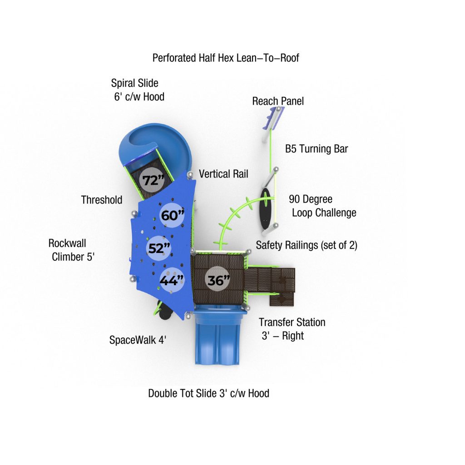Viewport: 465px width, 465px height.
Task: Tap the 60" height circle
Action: point(172,215)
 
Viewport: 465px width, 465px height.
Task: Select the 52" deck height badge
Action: point(159,248)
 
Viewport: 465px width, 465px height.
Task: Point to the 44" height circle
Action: point(172,280)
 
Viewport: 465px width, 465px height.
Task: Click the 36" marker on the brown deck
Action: point(218,279)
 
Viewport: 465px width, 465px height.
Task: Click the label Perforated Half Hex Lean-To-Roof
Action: point(226,58)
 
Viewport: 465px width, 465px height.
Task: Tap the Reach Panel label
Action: point(278,101)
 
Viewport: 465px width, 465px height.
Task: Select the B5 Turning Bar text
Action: point(317,149)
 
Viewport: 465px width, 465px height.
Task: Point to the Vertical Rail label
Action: point(223,174)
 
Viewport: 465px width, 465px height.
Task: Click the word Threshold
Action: point(102,200)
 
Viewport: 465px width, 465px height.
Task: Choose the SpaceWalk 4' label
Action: point(138,340)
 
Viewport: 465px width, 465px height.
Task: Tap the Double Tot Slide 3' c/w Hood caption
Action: point(209,393)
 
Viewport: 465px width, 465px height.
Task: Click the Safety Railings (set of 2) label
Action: point(307,245)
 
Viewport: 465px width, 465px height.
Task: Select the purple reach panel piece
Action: point(273,118)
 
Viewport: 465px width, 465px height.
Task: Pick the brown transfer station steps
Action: point(270,286)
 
